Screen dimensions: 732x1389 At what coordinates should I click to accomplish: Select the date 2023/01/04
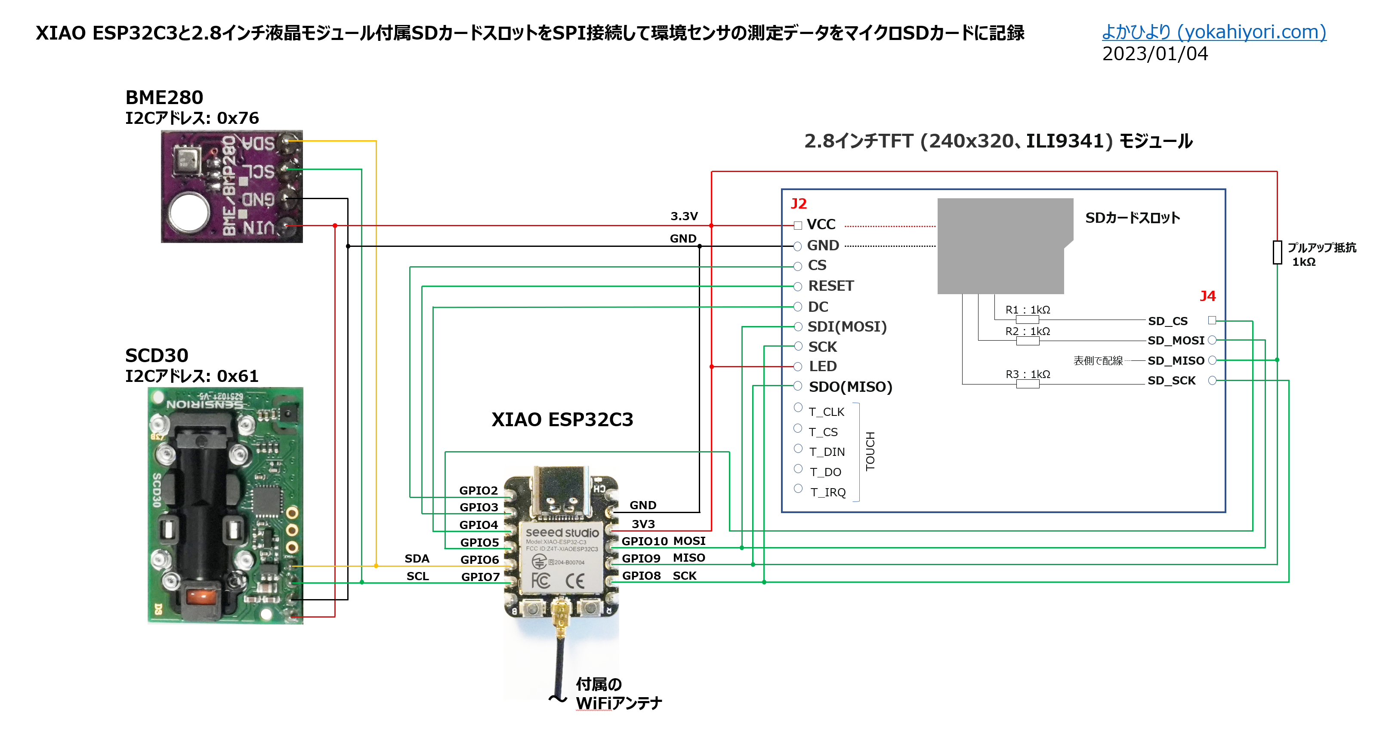pos(1154,54)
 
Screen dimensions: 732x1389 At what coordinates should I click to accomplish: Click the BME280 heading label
pos(164,98)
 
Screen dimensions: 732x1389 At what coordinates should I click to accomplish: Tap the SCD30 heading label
pos(156,356)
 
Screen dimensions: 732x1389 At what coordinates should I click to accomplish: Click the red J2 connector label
pos(798,204)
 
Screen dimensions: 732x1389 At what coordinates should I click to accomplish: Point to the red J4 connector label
pos(1207,296)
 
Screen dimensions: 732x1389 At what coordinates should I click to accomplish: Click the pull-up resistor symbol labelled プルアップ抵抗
pos(1277,252)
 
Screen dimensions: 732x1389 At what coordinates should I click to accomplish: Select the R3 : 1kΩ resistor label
pos(1027,374)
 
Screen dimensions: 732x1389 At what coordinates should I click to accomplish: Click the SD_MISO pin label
pos(1176,360)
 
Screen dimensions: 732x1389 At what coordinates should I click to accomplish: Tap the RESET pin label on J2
pos(830,286)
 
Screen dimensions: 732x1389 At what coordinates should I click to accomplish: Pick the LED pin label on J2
pos(822,366)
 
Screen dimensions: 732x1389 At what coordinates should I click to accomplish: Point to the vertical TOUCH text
pos(870,451)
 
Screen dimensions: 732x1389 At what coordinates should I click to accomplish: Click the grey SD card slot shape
pos(1000,245)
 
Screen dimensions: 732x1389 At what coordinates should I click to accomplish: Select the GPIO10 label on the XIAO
pos(644,541)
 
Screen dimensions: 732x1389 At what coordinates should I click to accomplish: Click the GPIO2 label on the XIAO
pos(478,491)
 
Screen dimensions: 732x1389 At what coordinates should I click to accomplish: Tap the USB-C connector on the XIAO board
pos(561,491)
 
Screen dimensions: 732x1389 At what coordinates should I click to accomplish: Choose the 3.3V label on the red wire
pos(684,216)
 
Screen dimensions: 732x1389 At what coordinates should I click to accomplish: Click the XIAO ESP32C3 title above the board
pos(562,419)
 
